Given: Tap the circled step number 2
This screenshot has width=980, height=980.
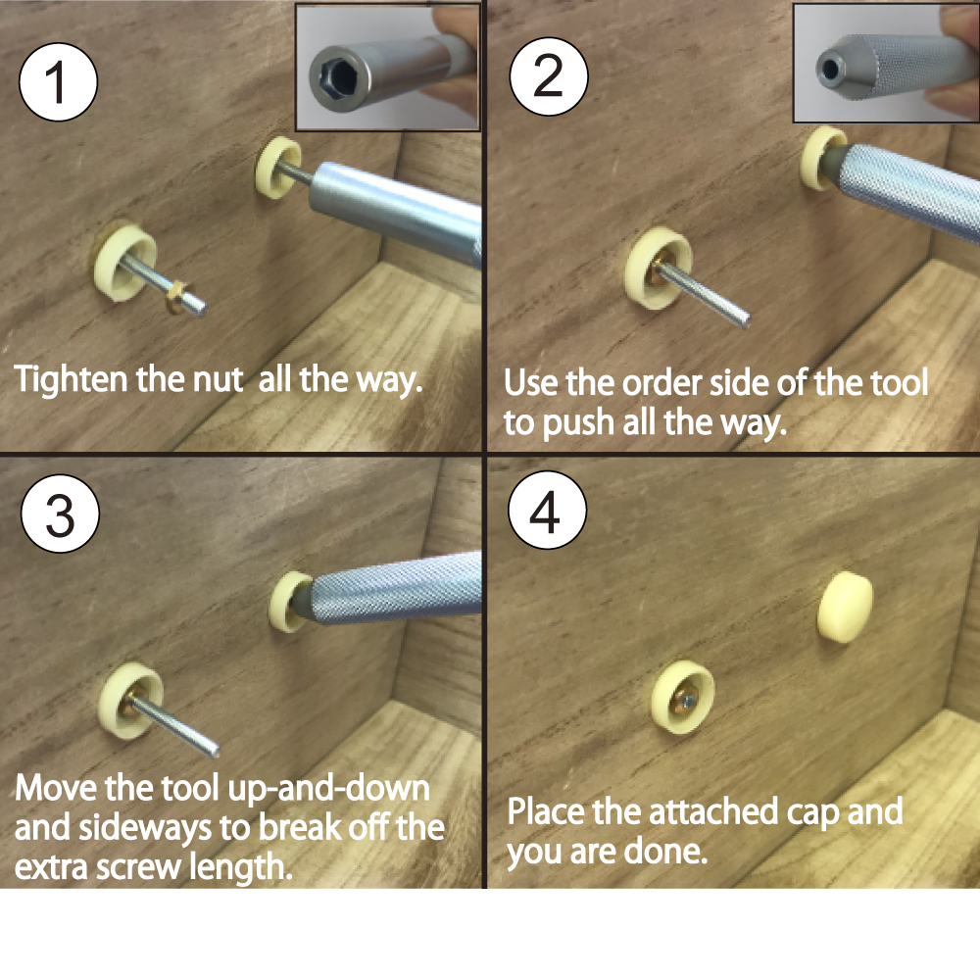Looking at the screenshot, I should tap(548, 74).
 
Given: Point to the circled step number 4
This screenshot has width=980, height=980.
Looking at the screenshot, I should tap(546, 513).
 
